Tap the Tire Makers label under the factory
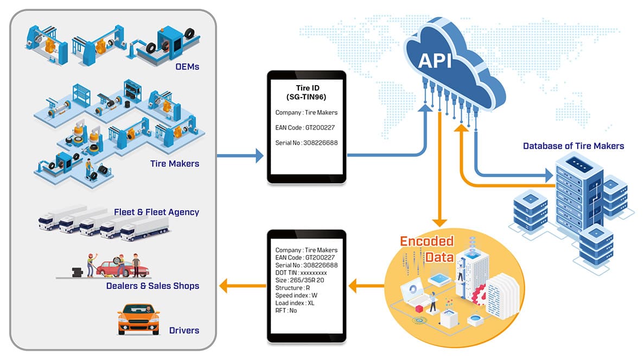(175, 163)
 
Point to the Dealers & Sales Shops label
(152, 286)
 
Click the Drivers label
(184, 330)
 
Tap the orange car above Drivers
(139, 318)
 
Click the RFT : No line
(286, 311)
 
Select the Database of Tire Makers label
(573, 146)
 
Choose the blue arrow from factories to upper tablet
(239, 157)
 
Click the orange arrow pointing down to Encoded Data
(439, 217)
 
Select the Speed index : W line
(296, 295)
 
